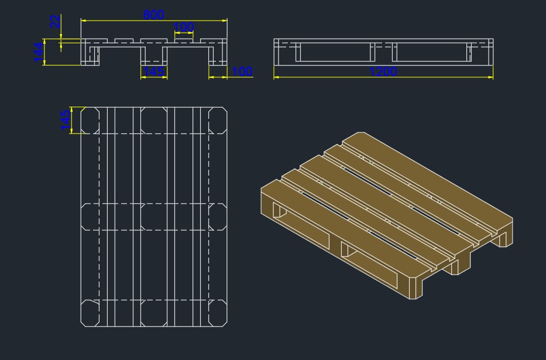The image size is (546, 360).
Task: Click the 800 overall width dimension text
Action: point(154,15)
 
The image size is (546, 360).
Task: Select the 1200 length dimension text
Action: point(383,71)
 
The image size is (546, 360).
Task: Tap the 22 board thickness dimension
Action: point(55,22)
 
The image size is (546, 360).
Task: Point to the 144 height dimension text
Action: point(38,52)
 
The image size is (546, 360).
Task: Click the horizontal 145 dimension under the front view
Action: point(154,71)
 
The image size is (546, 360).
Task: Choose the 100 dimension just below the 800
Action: point(184,27)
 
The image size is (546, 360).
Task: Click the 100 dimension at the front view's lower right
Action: point(242,71)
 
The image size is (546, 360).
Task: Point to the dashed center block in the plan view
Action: point(154,217)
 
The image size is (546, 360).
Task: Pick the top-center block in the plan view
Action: point(154,121)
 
